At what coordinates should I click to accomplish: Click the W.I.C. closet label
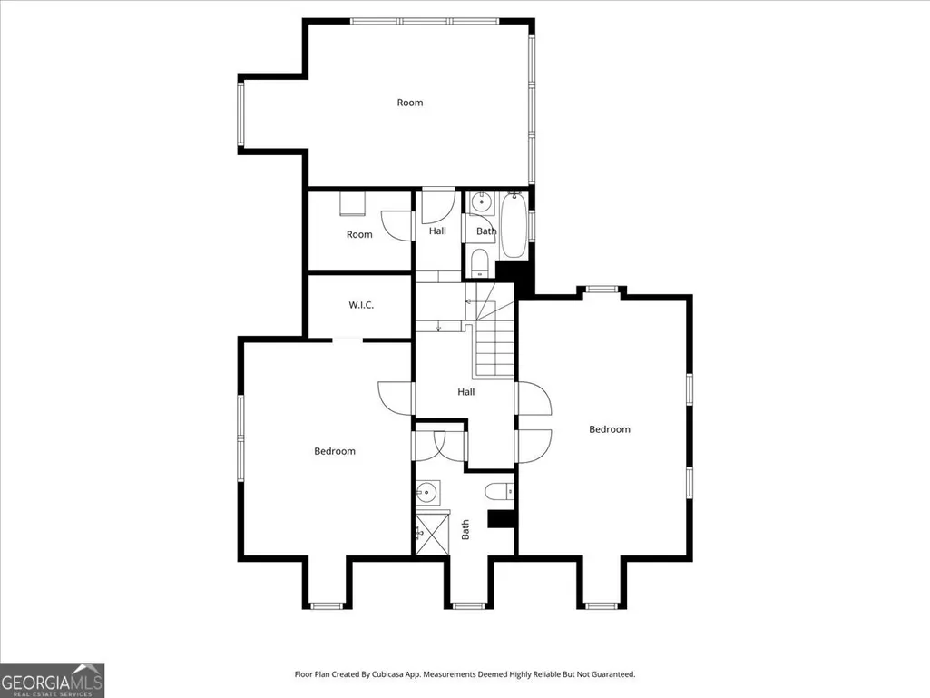click(360, 305)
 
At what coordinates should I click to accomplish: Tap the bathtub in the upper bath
click(513, 225)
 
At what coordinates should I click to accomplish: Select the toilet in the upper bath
click(479, 262)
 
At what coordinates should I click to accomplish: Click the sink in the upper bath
click(481, 202)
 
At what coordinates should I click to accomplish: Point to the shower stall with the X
click(431, 535)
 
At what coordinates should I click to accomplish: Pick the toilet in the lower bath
click(499, 491)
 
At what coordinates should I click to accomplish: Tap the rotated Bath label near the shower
click(465, 529)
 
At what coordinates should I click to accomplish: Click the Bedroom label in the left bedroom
click(335, 451)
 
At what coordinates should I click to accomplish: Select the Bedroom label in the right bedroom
click(609, 429)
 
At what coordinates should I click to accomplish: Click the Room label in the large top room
click(410, 103)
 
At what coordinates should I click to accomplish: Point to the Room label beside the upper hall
click(359, 234)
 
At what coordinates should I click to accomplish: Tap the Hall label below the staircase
click(465, 392)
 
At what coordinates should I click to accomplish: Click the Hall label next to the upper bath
click(437, 231)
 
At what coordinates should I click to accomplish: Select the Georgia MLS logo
click(53, 680)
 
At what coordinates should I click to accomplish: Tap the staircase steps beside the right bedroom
click(494, 350)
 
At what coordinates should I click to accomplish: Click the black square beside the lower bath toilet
click(499, 519)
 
